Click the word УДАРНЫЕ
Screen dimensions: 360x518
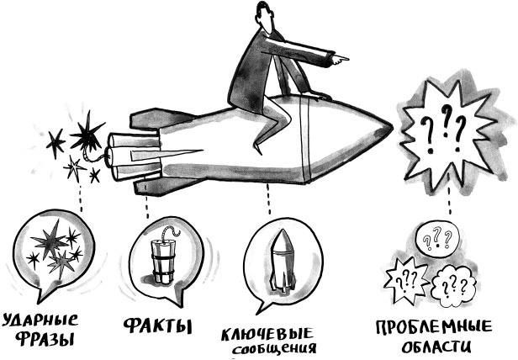41,320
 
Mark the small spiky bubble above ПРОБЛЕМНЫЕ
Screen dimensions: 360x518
407,281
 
